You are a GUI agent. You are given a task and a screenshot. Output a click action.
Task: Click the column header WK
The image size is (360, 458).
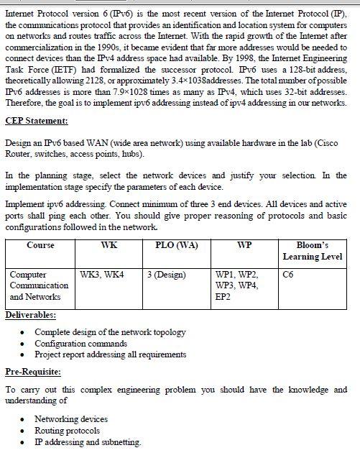pyautogui.click(x=109, y=245)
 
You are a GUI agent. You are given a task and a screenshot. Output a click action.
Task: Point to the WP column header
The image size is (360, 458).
pyautogui.click(x=244, y=245)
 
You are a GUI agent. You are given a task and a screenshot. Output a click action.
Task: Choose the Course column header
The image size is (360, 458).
pyautogui.click(x=40, y=245)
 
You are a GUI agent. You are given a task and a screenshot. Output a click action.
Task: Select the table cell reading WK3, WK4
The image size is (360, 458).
pyautogui.click(x=101, y=275)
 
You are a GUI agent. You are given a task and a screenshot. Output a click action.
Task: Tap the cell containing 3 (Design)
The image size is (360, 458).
pyautogui.click(x=166, y=275)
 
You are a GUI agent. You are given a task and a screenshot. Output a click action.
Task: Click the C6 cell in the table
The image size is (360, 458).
pyautogui.click(x=288, y=275)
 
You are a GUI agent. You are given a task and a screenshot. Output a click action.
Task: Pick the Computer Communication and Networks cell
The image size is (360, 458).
pyautogui.click(x=39, y=285)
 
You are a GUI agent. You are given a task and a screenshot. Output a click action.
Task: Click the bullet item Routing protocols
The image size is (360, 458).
pyautogui.click(x=67, y=431)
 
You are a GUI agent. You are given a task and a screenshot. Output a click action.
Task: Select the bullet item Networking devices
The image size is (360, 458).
pyautogui.click(x=71, y=419)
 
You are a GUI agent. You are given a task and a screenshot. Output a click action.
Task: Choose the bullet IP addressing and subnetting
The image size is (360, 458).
pyautogui.click(x=88, y=442)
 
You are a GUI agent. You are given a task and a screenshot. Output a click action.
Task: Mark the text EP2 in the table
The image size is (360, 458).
pyautogui.click(x=223, y=296)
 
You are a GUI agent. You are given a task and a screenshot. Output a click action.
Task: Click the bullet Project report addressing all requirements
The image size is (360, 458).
pyautogui.click(x=110, y=354)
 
